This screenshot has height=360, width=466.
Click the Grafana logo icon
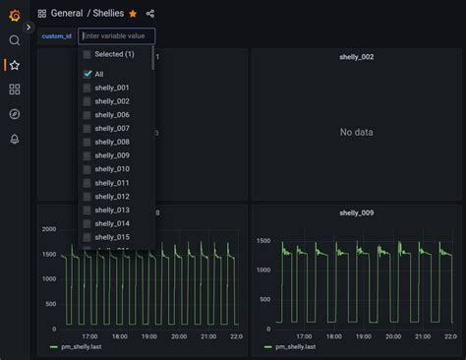click(x=14, y=14)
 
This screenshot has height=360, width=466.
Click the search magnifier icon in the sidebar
click(x=14, y=40)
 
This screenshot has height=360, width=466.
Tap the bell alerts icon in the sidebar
click(x=14, y=139)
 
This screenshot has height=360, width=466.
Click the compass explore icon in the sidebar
click(x=14, y=114)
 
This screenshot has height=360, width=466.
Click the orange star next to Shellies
click(x=133, y=14)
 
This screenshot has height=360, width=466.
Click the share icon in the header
click(x=150, y=14)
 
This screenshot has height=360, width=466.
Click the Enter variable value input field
click(x=116, y=36)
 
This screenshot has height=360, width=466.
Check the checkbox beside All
click(x=87, y=74)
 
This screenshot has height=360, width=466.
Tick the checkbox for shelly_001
click(x=87, y=88)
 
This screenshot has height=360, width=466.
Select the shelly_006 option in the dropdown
click(x=111, y=115)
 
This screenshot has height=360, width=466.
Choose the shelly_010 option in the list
click(x=111, y=169)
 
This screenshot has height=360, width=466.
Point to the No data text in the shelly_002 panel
click(x=359, y=133)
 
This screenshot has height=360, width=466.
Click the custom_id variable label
click(x=56, y=36)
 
